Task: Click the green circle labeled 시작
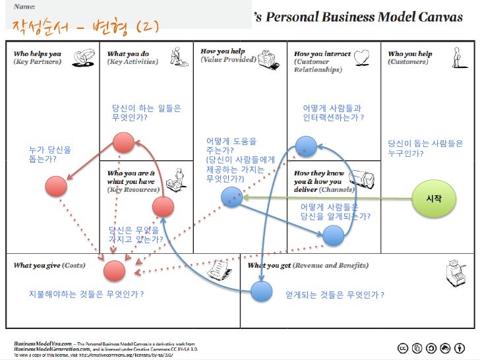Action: tap(434, 198)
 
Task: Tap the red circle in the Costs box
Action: tap(114, 270)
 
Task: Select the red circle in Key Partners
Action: tap(56, 187)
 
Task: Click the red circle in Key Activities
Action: tap(123, 142)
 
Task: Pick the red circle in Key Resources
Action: tap(163, 207)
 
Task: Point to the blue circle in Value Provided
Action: tap(231, 196)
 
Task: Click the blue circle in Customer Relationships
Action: tap(306, 146)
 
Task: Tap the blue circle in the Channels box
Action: tap(334, 235)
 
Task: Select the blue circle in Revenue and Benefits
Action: tap(261, 290)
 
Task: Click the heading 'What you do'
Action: tap(128, 54)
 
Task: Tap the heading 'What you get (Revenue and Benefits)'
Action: tap(308, 266)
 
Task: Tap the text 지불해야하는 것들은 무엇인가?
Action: tap(86, 294)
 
